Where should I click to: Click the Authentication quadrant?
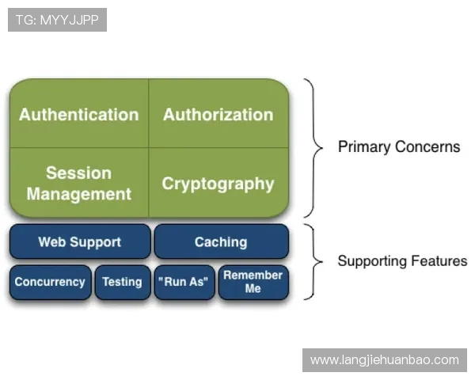point(79,113)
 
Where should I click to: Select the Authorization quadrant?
point(218,113)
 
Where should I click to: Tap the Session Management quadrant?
point(79,183)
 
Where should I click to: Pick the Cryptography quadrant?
point(218,183)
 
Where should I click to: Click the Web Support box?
point(80,241)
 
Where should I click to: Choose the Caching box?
point(222,241)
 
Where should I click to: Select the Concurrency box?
point(51,282)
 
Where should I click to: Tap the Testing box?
point(123,282)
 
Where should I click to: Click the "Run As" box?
point(184,282)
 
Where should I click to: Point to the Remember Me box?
point(253,282)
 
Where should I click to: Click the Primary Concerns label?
point(399,147)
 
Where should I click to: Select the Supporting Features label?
point(403,261)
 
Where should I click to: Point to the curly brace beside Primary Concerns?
point(313,148)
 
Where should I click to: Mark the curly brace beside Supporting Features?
point(313,262)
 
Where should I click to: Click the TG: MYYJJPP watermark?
point(57,20)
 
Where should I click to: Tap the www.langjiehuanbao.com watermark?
point(385,360)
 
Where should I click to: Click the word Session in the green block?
point(78,173)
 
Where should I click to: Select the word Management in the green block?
point(79,194)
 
